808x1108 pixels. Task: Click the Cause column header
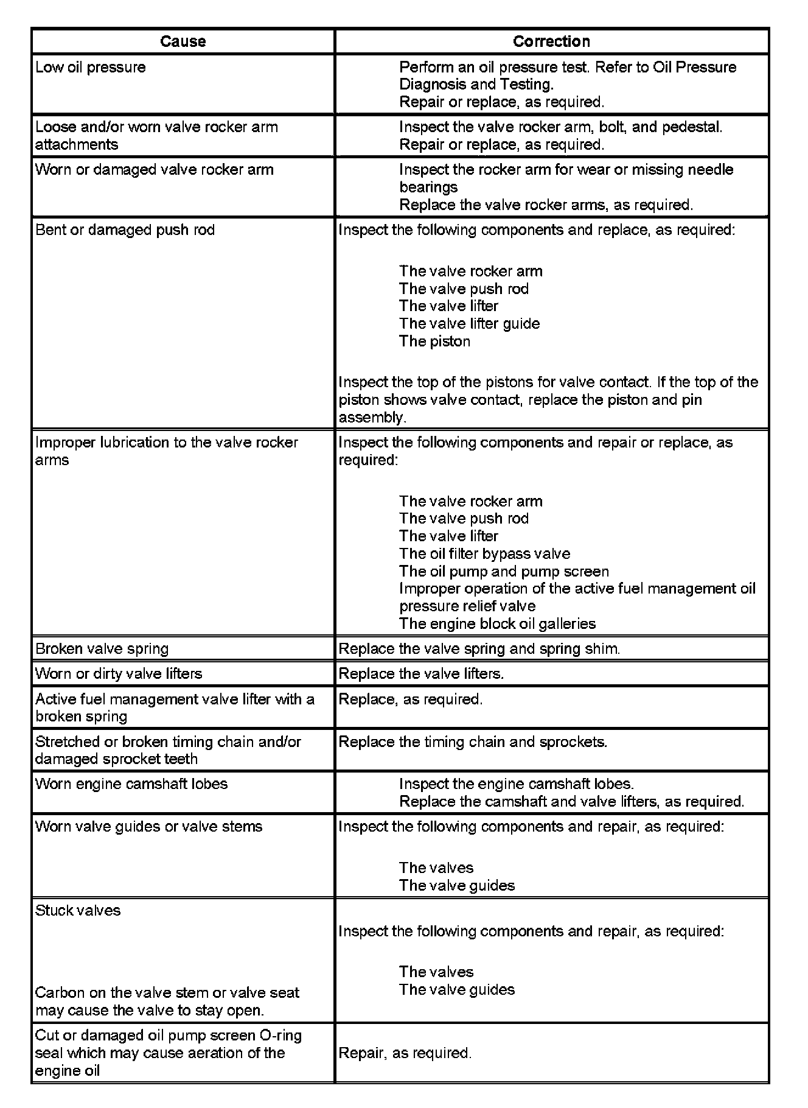click(183, 41)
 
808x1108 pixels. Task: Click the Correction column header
click(551, 41)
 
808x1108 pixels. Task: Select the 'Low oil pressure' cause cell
click(91, 67)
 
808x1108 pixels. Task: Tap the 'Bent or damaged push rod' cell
click(125, 230)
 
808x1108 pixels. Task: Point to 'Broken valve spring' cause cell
click(102, 649)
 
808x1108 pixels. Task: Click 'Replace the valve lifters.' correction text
click(421, 674)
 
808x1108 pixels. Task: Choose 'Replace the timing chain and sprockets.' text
click(473, 742)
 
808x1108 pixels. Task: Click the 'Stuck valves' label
click(78, 911)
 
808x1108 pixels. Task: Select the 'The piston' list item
click(434, 342)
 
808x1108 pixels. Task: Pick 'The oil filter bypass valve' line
click(484, 554)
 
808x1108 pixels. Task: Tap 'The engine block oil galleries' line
click(497, 624)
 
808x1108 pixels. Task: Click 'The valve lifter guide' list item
click(469, 324)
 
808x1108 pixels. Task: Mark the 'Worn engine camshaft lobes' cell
click(131, 784)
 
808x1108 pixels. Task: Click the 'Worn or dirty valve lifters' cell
click(119, 674)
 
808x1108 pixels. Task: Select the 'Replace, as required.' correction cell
click(411, 700)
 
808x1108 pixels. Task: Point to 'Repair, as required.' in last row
click(405, 1053)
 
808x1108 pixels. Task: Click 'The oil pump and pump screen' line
click(504, 572)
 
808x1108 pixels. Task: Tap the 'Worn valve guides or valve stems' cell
click(149, 827)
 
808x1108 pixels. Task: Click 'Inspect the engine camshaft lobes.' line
click(517, 784)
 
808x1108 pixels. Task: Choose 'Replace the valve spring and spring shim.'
click(479, 649)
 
